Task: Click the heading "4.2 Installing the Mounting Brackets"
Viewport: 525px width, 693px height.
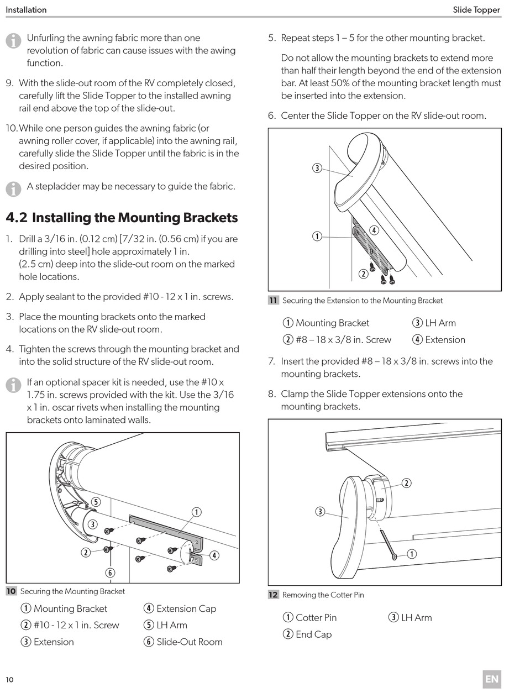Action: [x=122, y=218]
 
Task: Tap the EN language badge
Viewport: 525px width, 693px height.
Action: [x=491, y=679]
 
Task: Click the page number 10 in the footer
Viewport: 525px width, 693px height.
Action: [x=10, y=679]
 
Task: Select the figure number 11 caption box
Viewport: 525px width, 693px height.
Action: [x=274, y=301]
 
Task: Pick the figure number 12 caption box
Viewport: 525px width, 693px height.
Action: [x=274, y=595]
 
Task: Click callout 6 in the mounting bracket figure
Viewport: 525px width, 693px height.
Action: [x=110, y=573]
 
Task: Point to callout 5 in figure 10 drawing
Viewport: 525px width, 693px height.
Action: [x=96, y=502]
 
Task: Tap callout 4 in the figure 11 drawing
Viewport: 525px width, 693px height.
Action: [x=374, y=230]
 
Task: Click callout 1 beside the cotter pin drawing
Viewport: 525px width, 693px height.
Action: [x=411, y=554]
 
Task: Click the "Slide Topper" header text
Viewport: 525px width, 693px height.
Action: [x=476, y=10]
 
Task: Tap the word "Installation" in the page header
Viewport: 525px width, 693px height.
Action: [x=26, y=10]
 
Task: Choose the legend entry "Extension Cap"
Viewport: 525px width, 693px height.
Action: [x=186, y=608]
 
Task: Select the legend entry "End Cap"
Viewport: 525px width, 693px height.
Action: [x=313, y=634]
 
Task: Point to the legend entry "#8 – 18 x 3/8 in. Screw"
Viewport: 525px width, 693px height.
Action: [x=343, y=339]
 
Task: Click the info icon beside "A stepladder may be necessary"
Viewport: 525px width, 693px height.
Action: [x=13, y=188]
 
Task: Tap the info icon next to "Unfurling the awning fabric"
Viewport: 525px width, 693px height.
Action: [x=13, y=40]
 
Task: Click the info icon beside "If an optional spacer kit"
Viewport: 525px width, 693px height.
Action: [x=13, y=385]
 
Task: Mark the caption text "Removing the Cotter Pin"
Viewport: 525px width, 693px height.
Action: [x=323, y=595]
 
